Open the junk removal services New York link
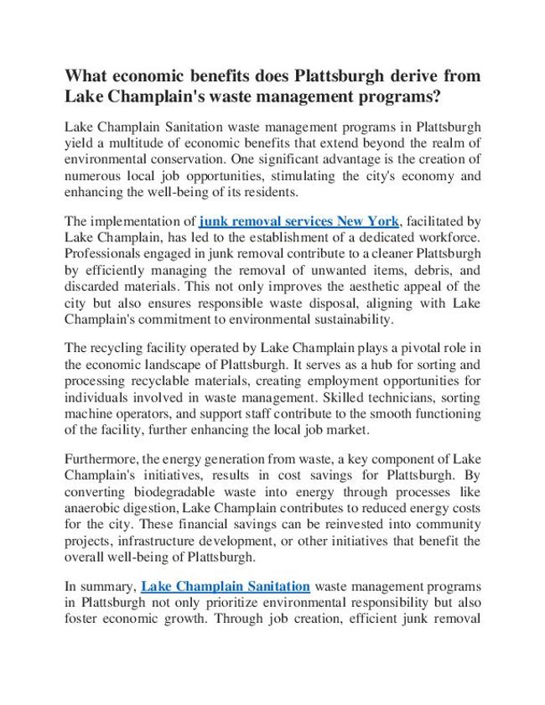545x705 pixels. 298,221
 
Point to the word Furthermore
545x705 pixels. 101,459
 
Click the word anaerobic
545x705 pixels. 95,509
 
